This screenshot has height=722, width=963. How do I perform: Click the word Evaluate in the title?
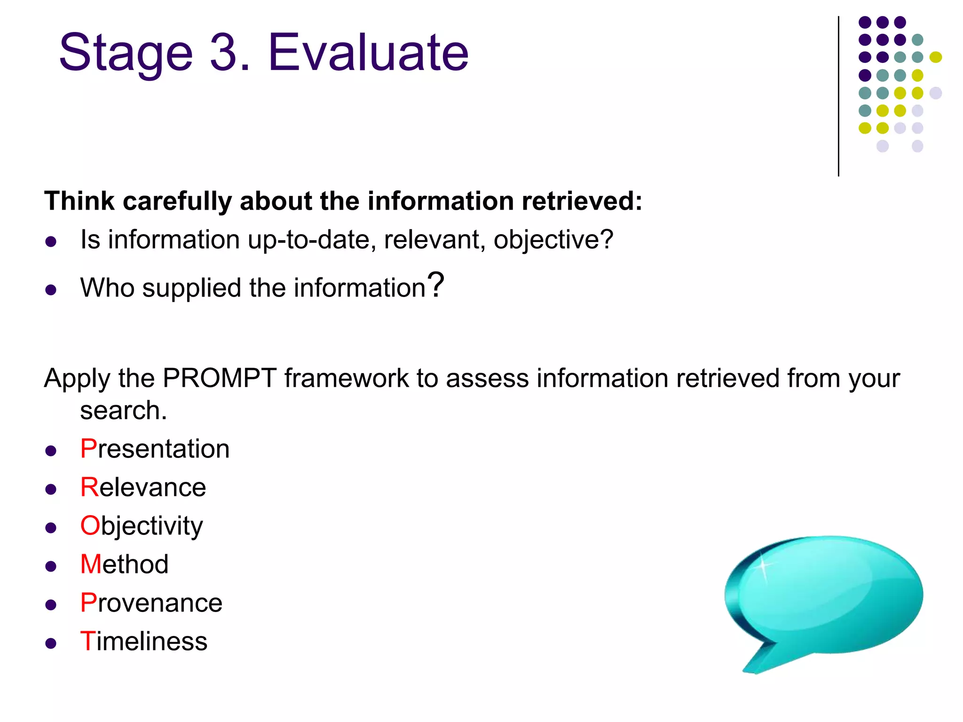pyautogui.click(x=368, y=53)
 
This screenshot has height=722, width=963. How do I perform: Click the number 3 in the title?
pyautogui.click(x=224, y=53)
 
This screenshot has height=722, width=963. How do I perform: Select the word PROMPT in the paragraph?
pyautogui.click(x=219, y=378)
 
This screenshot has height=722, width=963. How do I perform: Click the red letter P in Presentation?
pyautogui.click(x=88, y=449)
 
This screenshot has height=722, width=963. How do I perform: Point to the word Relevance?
pyautogui.click(x=143, y=487)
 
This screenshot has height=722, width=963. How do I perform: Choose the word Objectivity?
pyautogui.click(x=142, y=526)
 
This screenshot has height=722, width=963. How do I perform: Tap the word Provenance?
pyautogui.click(x=151, y=603)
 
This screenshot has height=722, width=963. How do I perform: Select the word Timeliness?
pyautogui.click(x=143, y=642)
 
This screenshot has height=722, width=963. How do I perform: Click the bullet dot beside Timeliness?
pyautogui.click(x=51, y=644)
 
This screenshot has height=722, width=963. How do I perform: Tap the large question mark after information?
pyautogui.click(x=437, y=285)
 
